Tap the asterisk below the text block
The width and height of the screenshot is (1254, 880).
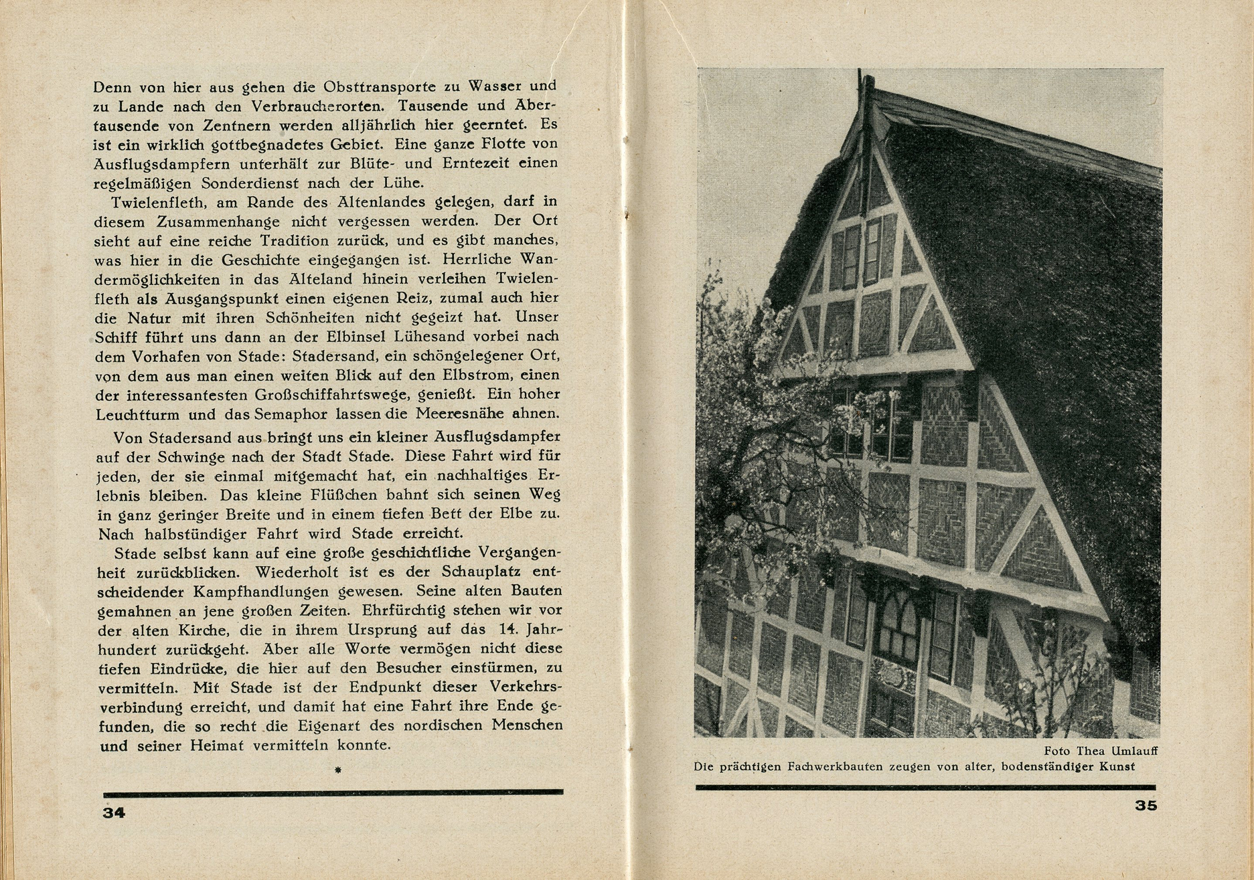pos(338,771)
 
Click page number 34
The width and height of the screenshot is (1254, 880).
pos(114,812)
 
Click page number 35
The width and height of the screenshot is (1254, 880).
pos(1146,806)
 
